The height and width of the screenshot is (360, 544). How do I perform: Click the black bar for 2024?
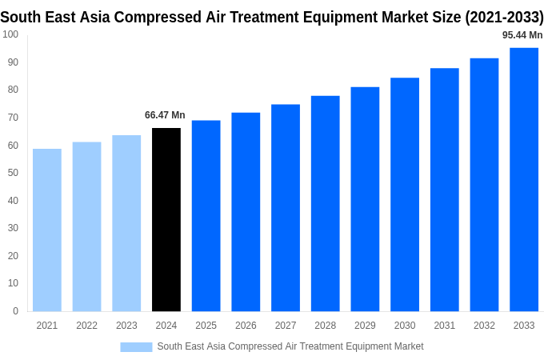(x=166, y=219)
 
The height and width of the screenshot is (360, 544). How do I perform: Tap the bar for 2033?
(x=524, y=179)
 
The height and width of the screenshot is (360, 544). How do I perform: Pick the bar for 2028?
(x=325, y=203)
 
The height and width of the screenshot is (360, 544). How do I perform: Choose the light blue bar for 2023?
(x=126, y=223)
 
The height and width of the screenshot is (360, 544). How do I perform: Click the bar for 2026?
(x=246, y=212)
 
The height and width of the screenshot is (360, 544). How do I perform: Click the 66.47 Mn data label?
(x=165, y=115)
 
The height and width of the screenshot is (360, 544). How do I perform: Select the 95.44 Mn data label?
(x=522, y=35)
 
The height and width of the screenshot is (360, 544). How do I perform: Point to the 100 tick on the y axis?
(x=10, y=34)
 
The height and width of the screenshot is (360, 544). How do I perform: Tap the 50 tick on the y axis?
(x=13, y=173)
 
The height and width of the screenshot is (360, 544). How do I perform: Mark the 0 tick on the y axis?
(x=15, y=311)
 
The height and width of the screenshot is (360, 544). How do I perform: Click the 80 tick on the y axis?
(x=13, y=90)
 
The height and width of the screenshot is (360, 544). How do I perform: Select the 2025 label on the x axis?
(x=206, y=326)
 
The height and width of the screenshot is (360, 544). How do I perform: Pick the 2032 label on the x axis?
(x=484, y=326)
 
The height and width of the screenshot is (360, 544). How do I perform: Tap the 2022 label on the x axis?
(x=86, y=326)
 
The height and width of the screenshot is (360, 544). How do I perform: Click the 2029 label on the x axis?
(x=365, y=326)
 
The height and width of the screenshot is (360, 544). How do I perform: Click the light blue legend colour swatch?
(x=136, y=346)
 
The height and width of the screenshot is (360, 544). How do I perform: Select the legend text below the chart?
(x=290, y=346)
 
